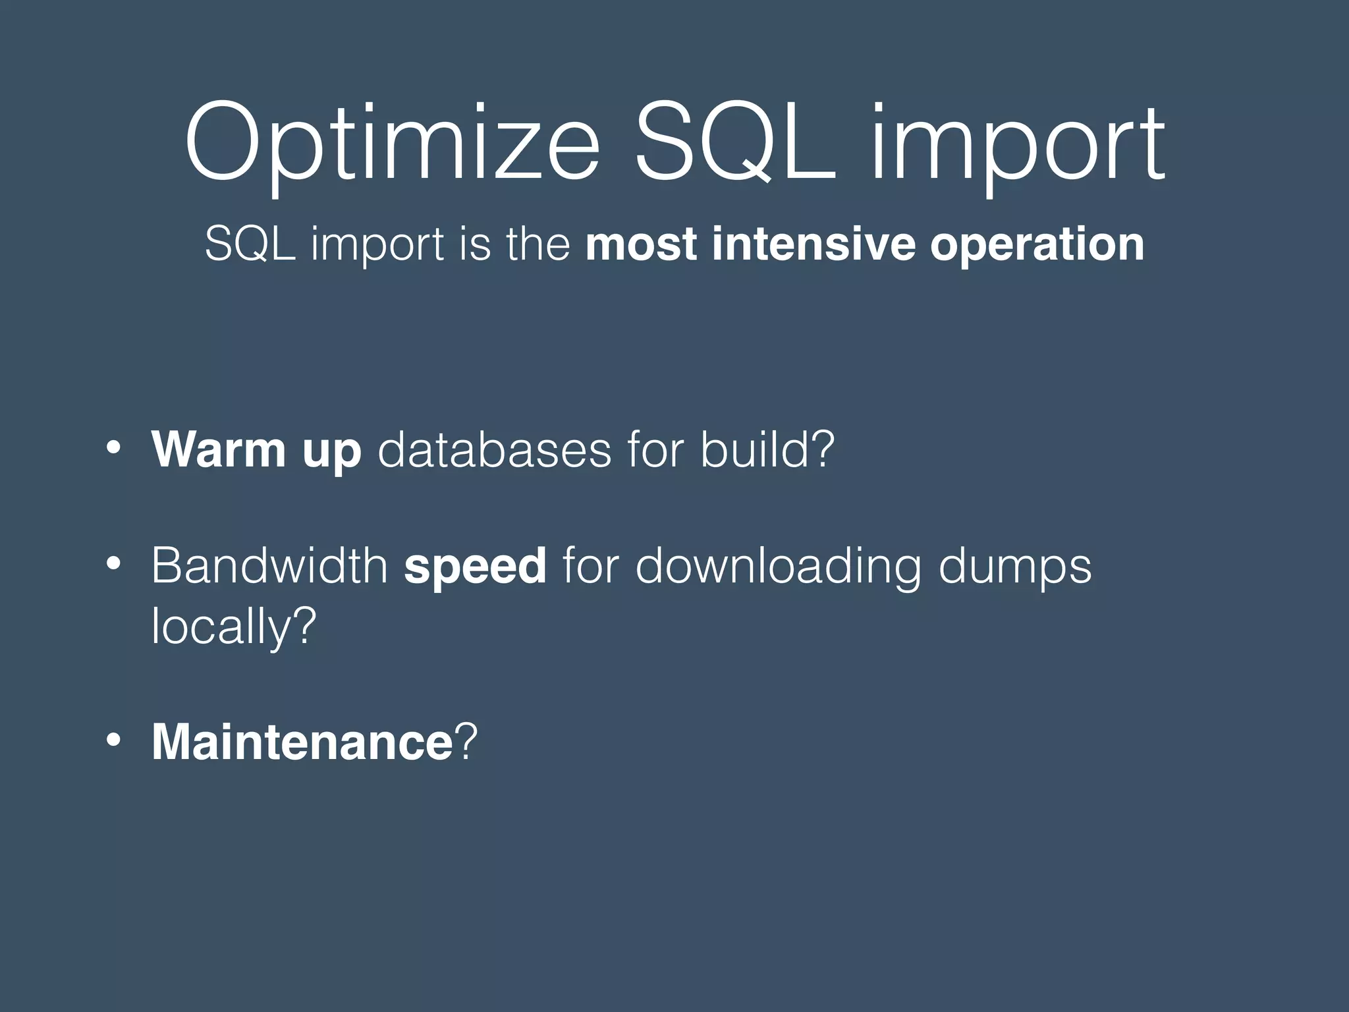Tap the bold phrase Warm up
(x=256, y=451)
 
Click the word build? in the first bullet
(x=767, y=449)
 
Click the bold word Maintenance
(x=302, y=743)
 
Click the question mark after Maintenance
(x=465, y=743)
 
